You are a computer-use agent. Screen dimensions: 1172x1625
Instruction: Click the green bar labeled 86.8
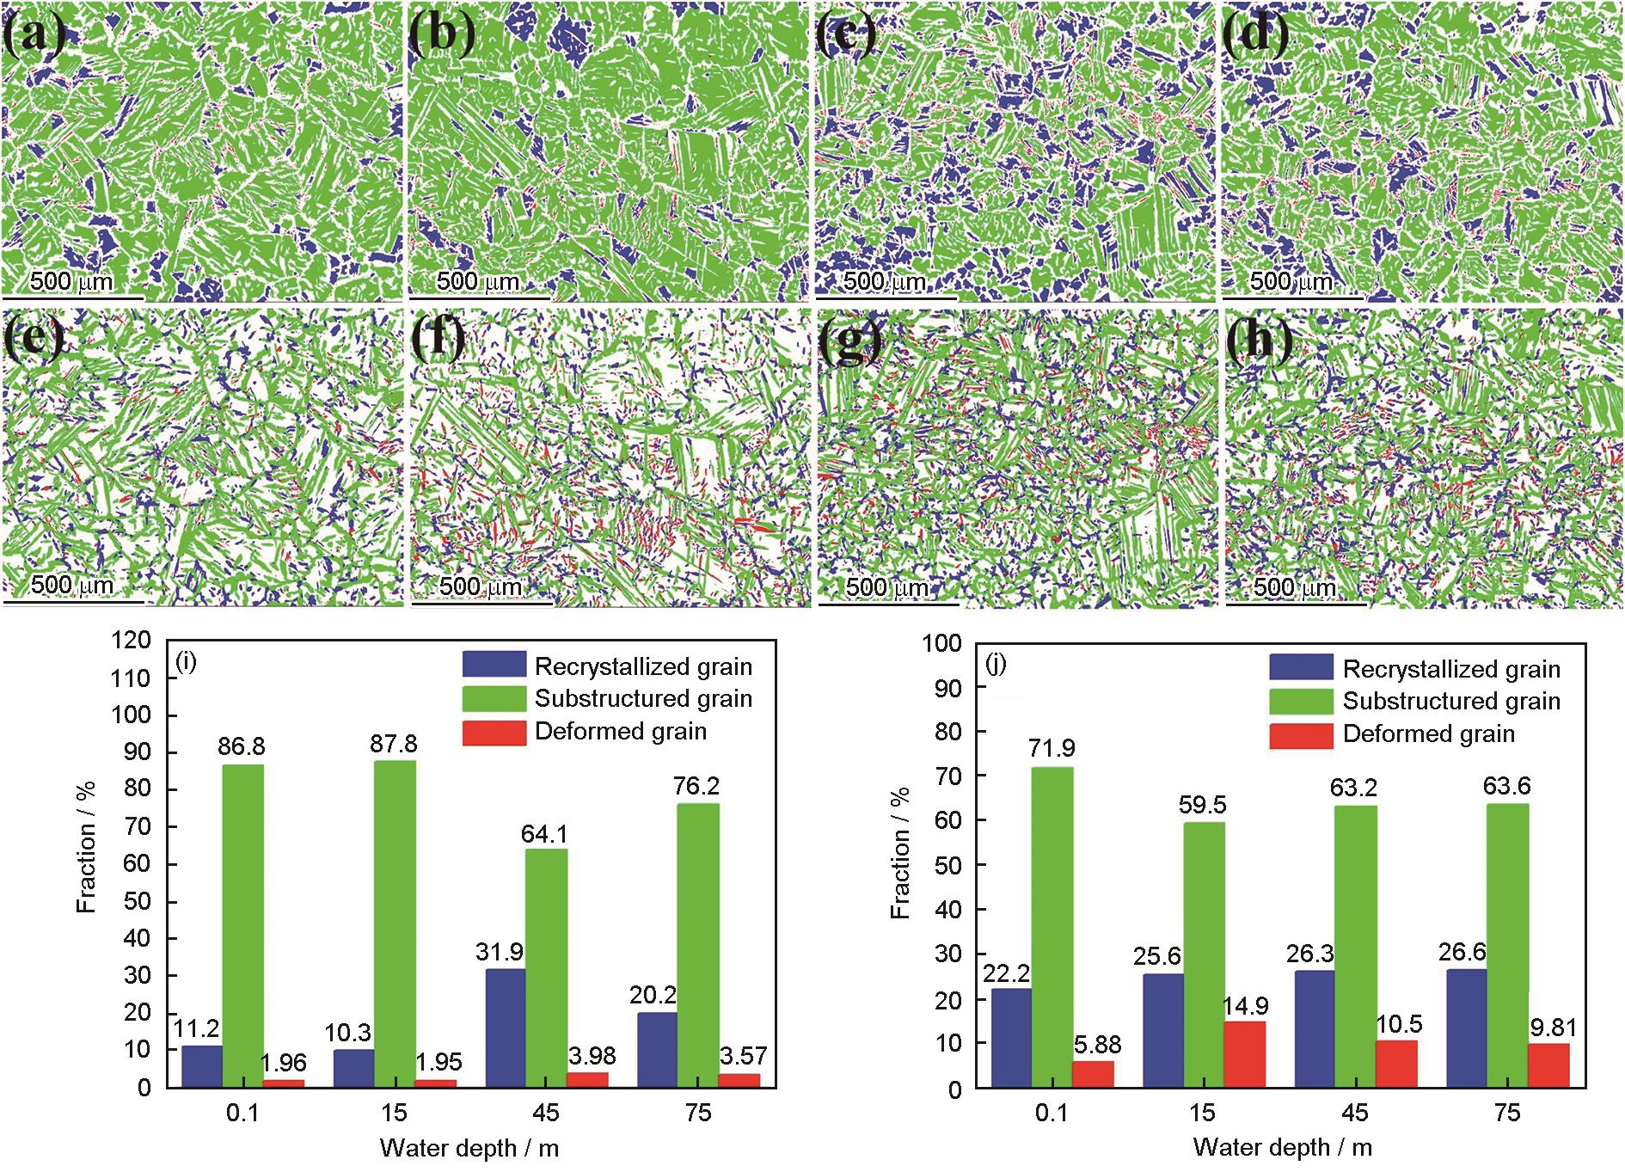pyautogui.click(x=242, y=926)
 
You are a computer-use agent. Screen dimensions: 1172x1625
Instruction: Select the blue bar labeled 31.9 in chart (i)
pyautogui.click(x=506, y=1028)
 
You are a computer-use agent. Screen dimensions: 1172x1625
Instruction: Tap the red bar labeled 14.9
pyautogui.click(x=1244, y=1055)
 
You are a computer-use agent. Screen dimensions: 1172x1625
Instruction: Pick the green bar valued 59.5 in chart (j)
pyautogui.click(x=1204, y=955)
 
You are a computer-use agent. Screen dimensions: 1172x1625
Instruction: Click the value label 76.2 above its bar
pyautogui.click(x=697, y=786)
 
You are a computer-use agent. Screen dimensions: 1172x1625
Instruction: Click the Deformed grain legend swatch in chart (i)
pyautogui.click(x=494, y=732)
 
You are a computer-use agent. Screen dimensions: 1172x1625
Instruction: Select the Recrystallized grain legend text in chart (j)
pyautogui.click(x=1451, y=669)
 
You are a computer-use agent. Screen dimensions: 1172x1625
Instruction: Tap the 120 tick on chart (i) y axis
pyautogui.click(x=132, y=641)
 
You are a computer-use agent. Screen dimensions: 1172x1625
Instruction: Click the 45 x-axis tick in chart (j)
pyautogui.click(x=1355, y=1114)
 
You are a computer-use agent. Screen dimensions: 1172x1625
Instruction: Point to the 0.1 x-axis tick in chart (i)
pyautogui.click(x=242, y=1113)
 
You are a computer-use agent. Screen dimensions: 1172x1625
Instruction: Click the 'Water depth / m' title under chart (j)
pyautogui.click(x=1282, y=1147)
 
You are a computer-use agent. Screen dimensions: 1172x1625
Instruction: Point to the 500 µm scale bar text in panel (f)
pyautogui.click(x=481, y=586)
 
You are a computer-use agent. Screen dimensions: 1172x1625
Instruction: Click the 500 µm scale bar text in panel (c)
pyautogui.click(x=885, y=281)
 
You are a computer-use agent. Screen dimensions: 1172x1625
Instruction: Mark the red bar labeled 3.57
pyautogui.click(x=739, y=1080)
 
